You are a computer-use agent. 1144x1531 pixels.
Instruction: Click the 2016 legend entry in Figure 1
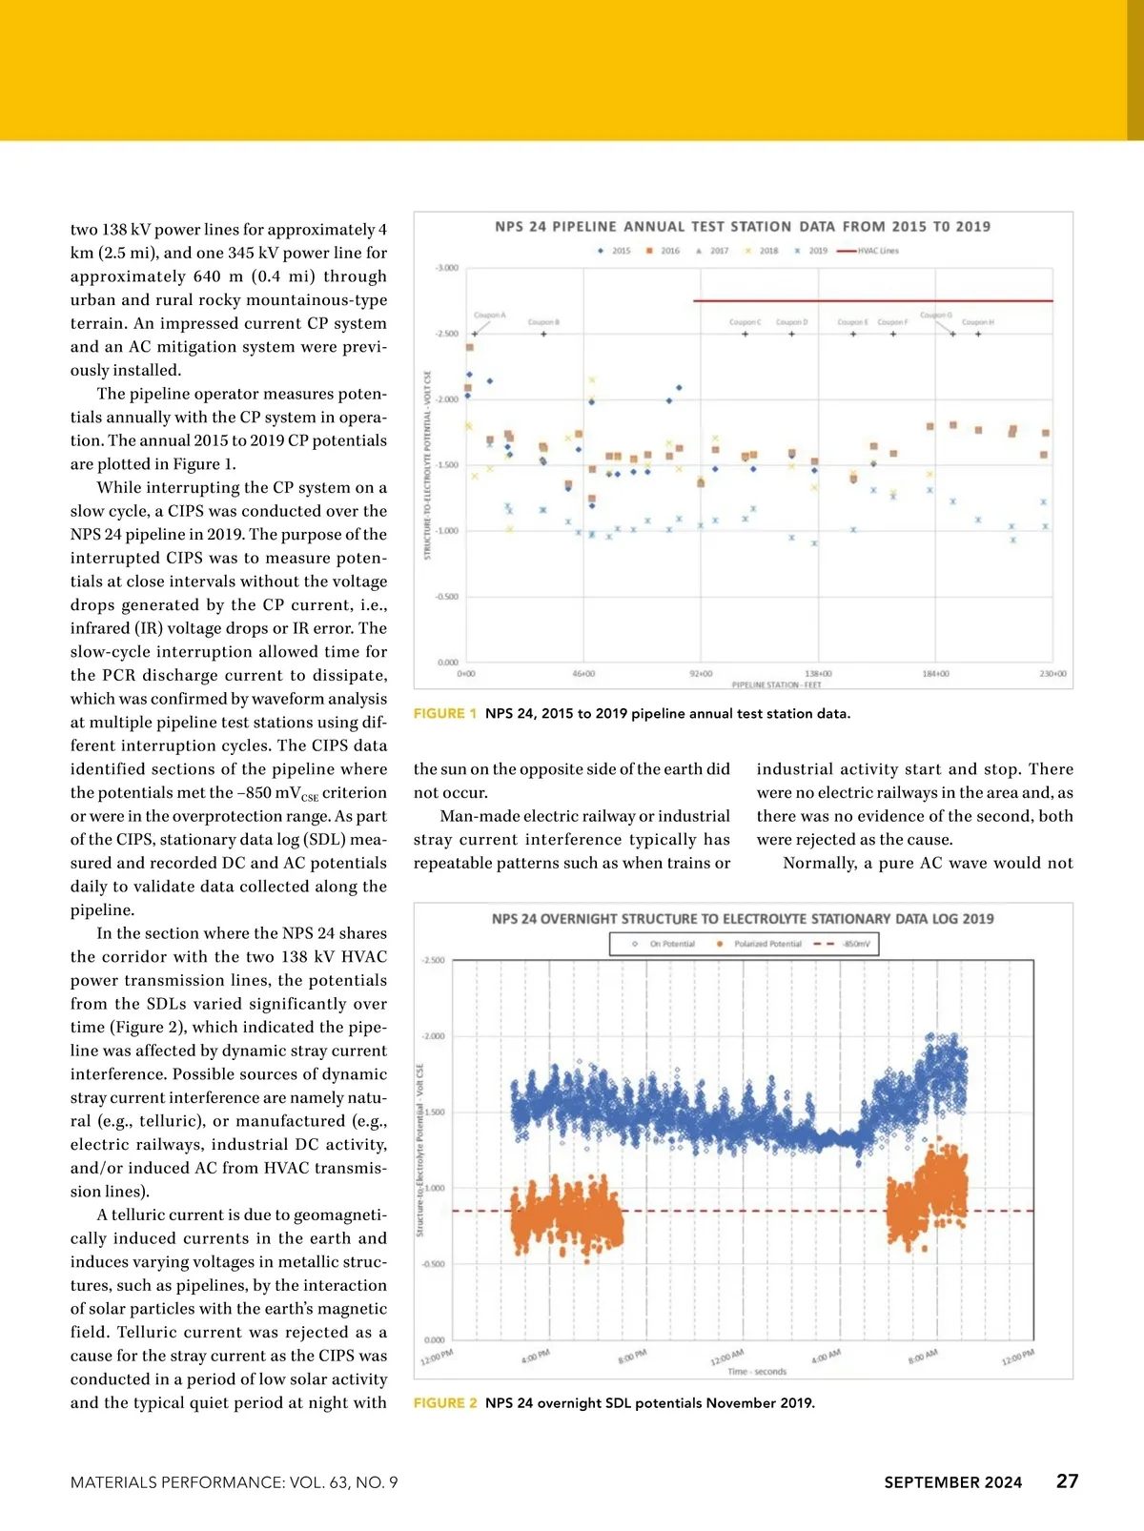(664, 251)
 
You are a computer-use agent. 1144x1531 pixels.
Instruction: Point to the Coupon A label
(489, 315)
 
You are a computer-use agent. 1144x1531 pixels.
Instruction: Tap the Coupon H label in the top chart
(978, 322)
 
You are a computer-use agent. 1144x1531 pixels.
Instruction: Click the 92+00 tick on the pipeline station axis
(701, 674)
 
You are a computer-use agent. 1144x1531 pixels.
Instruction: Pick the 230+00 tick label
(1052, 674)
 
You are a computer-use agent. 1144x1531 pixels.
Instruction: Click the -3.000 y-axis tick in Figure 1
(446, 268)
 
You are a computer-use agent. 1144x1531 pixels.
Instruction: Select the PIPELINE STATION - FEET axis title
(776, 684)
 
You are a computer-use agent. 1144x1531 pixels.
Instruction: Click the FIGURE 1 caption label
(445, 713)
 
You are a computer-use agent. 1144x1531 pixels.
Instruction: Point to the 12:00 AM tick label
(726, 1357)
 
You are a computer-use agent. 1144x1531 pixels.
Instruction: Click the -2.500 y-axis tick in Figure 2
(433, 960)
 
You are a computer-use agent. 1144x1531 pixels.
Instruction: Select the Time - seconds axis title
(757, 1372)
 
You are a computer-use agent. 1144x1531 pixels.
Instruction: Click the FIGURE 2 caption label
(445, 1403)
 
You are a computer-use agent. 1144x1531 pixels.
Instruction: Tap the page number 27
(1067, 1480)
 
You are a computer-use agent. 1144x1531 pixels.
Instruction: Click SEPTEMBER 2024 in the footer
(952, 1482)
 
